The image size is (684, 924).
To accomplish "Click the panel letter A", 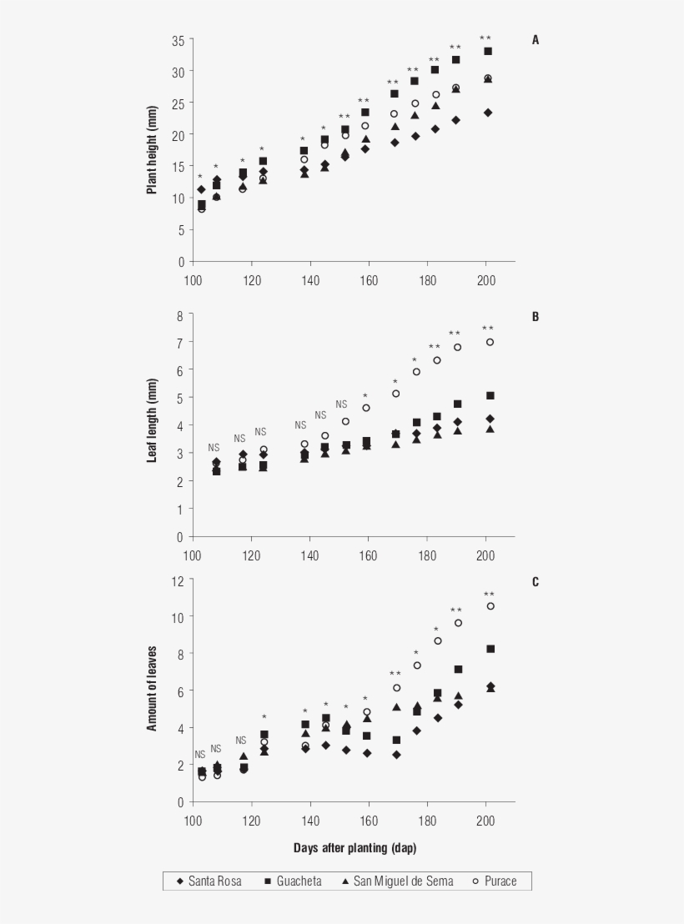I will pyautogui.click(x=536, y=40).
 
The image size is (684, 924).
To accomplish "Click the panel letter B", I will pyautogui.click(x=536, y=317).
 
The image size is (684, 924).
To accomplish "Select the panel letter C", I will pyautogui.click(x=536, y=581).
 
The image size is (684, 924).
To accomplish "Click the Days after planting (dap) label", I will pyautogui.click(x=355, y=848).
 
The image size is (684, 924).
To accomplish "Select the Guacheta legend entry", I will pyautogui.click(x=292, y=881).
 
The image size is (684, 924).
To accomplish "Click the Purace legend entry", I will pyautogui.click(x=492, y=881).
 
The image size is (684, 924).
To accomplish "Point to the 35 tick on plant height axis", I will pyautogui.click(x=178, y=40).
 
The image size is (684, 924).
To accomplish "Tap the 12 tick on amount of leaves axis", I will pyautogui.click(x=178, y=581).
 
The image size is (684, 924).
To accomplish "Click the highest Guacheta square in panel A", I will pyautogui.click(x=488, y=51).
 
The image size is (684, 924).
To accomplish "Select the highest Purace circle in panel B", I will pyautogui.click(x=490, y=342).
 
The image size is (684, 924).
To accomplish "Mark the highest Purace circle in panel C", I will pyautogui.click(x=490, y=606).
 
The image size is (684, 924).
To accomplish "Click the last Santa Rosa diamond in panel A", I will pyautogui.click(x=488, y=113).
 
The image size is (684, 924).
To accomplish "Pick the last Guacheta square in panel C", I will pyautogui.click(x=490, y=649).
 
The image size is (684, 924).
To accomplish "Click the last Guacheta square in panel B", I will pyautogui.click(x=490, y=395).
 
